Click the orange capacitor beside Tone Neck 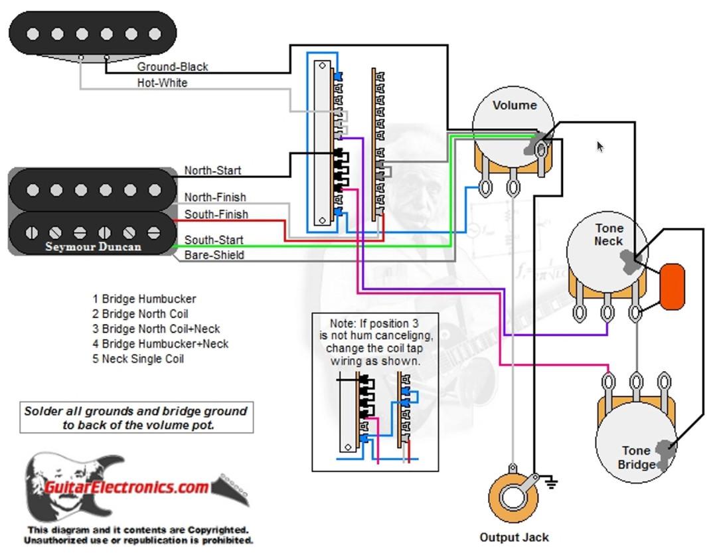[673, 286]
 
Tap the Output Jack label [514, 538]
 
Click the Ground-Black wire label [172, 67]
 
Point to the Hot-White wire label [162, 83]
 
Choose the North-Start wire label [212, 171]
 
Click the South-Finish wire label [216, 214]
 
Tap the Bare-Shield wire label [214, 255]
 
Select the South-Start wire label [214, 240]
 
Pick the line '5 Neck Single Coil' [138, 358]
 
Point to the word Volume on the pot [515, 105]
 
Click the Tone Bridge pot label [636, 457]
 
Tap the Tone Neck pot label [608, 234]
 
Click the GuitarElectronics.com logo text [127, 487]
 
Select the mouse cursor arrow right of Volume [600, 147]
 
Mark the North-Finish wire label [214, 197]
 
